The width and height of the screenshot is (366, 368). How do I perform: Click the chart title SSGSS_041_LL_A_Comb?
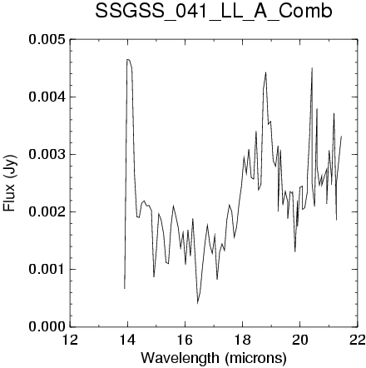[214, 12]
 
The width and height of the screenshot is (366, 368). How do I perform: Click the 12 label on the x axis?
[70, 340]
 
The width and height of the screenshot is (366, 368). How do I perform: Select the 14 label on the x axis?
[127, 340]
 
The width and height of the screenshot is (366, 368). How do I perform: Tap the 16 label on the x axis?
[185, 340]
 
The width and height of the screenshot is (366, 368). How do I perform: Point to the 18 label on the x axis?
[242, 340]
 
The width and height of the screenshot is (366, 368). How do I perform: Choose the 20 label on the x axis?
[299, 340]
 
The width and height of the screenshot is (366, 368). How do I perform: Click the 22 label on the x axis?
[357, 340]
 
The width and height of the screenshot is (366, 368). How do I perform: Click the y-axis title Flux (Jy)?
[10, 183]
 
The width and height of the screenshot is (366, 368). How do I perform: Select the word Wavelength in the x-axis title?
[180, 357]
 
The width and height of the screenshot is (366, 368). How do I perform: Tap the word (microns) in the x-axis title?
[255, 358]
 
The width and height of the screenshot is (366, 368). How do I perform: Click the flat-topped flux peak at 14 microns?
[129, 59]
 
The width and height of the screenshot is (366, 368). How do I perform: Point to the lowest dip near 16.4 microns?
[197, 303]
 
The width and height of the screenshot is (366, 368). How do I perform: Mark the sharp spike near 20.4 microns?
[312, 68]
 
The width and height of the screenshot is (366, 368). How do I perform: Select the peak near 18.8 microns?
[265, 72]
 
